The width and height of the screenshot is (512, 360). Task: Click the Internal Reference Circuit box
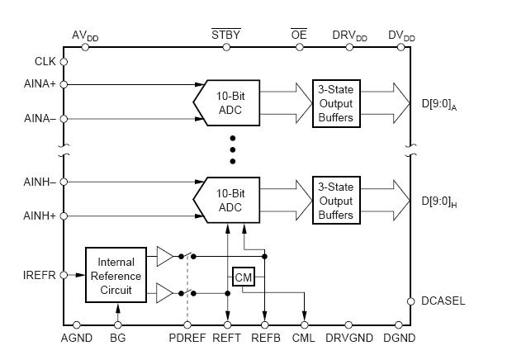tap(116, 275)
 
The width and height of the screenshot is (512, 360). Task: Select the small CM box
tap(244, 277)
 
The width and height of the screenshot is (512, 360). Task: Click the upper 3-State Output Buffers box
tap(335, 103)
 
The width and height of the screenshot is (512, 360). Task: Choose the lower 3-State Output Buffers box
tap(335, 201)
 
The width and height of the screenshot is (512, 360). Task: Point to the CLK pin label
tap(45, 61)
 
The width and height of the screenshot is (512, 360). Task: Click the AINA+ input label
tap(40, 84)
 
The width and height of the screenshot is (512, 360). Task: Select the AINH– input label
tap(40, 182)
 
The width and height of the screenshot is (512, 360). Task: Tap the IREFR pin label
tap(40, 275)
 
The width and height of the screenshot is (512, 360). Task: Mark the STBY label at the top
tap(226, 35)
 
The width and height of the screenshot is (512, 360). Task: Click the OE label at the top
tap(298, 35)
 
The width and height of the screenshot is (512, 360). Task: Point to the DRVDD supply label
tap(349, 36)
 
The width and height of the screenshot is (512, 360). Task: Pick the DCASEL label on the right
tap(443, 301)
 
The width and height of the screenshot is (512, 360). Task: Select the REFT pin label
tap(227, 339)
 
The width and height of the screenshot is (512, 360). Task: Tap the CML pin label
tap(304, 339)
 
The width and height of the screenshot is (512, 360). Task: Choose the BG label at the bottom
tap(118, 339)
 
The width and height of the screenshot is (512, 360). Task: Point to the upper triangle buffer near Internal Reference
tap(165, 257)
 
